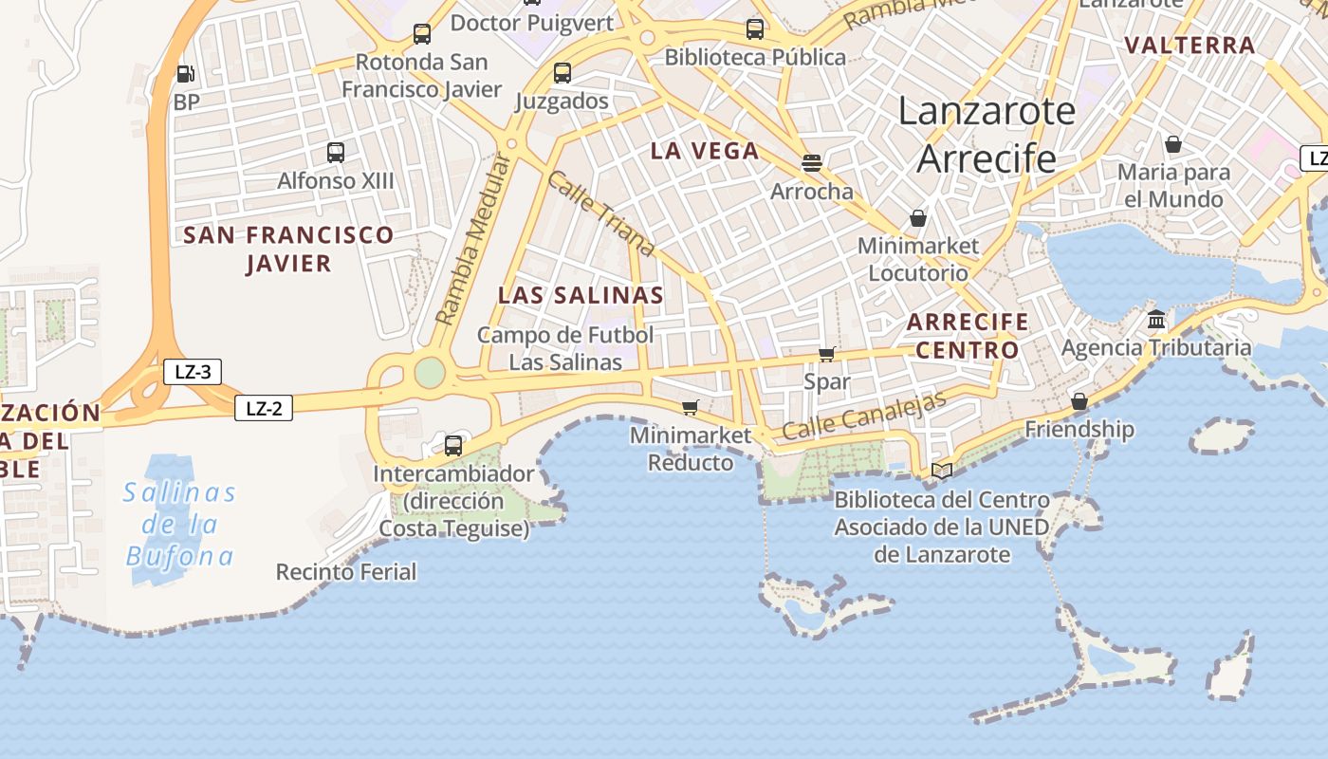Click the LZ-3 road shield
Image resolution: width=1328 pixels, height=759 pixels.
tap(193, 372)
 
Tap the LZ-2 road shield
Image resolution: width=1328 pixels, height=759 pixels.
tap(264, 409)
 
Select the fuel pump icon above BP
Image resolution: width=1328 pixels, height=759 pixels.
tap(186, 74)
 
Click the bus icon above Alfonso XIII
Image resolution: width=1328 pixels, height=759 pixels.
tap(335, 152)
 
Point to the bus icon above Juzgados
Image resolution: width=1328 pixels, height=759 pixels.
tap(563, 72)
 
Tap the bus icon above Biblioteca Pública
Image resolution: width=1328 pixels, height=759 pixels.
tap(755, 28)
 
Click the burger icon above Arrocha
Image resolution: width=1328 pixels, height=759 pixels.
tap(811, 162)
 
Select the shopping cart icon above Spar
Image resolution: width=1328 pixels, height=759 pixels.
tap(827, 354)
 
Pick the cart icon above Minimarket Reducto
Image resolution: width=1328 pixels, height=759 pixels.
tap(691, 407)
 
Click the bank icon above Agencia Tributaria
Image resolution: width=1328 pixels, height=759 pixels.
tap(1155, 319)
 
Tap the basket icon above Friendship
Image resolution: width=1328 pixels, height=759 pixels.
tap(1079, 401)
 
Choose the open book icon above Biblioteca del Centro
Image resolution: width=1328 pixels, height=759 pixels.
tap(942, 471)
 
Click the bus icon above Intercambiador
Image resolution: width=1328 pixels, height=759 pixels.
tap(453, 445)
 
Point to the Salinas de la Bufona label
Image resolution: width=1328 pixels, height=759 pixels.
tap(180, 524)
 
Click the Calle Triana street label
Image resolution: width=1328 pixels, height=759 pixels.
tap(600, 213)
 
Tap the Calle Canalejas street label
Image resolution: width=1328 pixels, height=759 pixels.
tap(864, 416)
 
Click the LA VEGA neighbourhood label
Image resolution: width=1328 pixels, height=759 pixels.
tap(705, 151)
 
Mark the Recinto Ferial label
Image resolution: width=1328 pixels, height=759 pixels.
tap(346, 572)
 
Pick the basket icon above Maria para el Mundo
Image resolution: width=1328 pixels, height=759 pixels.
tap(1173, 144)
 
